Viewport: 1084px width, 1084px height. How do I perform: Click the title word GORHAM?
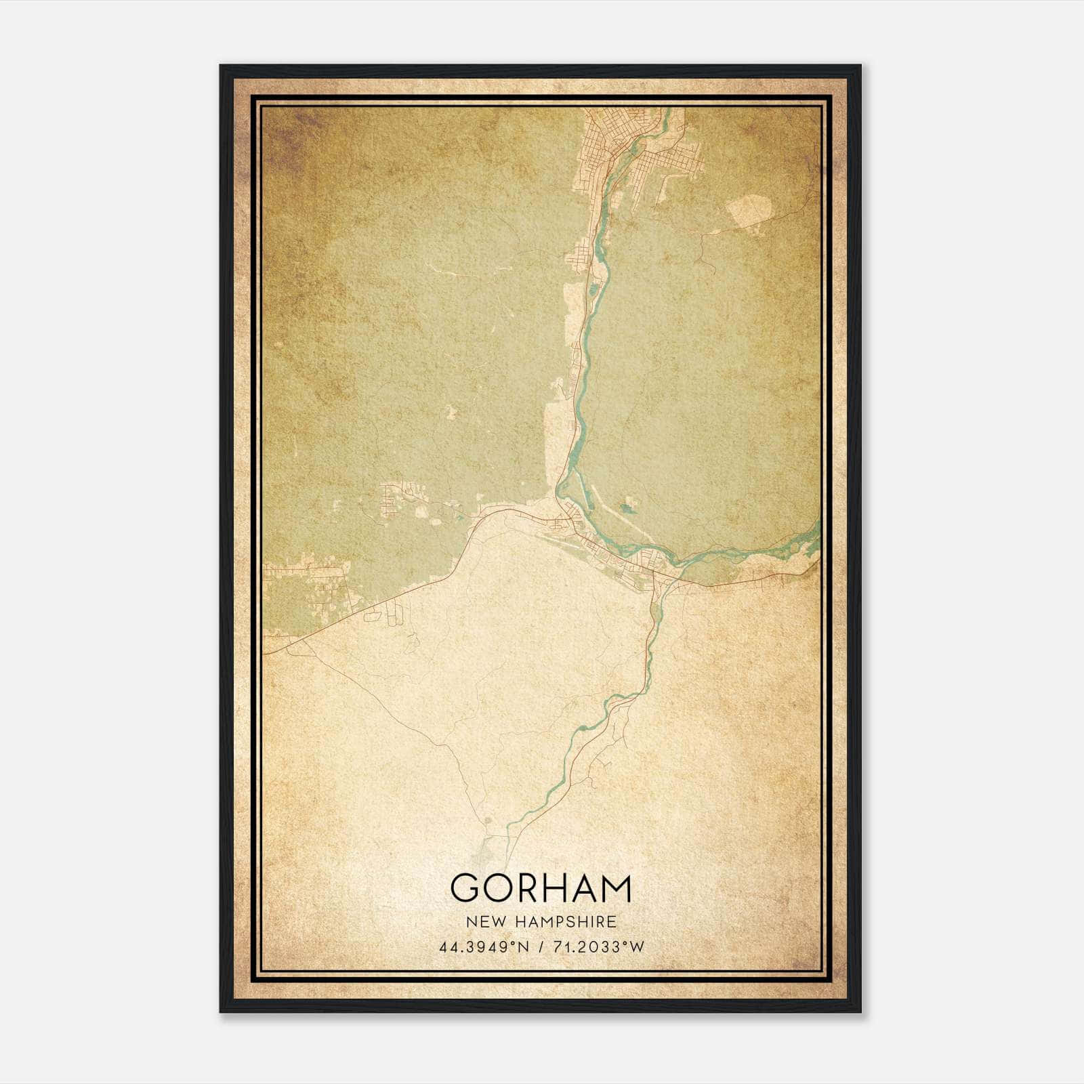tap(541, 888)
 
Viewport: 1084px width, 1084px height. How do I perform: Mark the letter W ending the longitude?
tap(637, 947)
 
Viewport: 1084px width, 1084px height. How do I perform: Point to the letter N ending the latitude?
tap(520, 947)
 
